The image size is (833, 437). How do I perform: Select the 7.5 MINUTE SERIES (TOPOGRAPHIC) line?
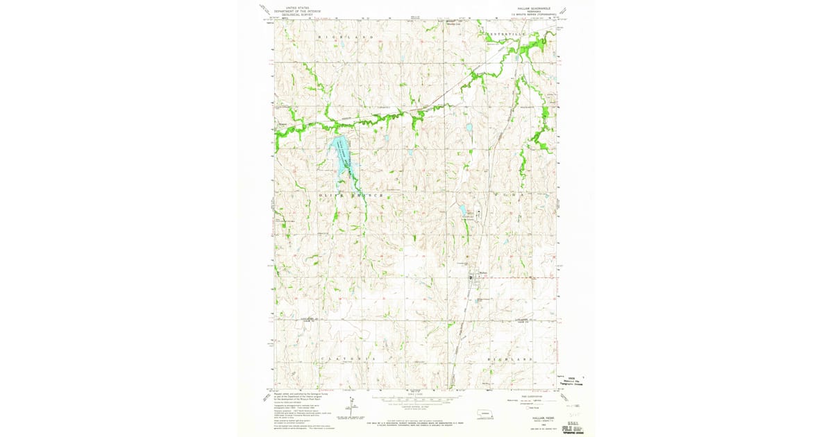click(533, 14)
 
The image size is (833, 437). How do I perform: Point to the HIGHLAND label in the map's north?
click(346, 35)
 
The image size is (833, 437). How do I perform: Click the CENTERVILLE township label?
click(510, 33)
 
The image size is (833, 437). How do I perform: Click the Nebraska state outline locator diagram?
click(484, 415)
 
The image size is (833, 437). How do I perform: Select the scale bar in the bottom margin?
click(416, 400)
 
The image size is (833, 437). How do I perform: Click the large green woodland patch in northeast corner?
click(531, 48)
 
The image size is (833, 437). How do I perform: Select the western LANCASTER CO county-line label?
click(310, 319)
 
